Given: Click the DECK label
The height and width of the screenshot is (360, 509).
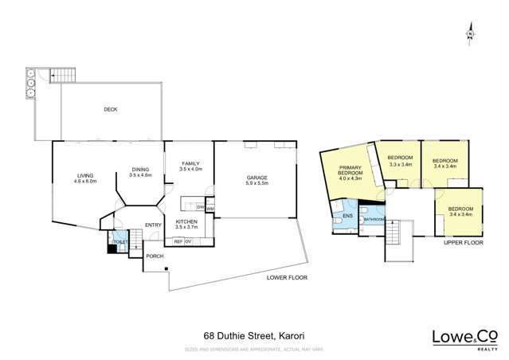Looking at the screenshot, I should [110, 109].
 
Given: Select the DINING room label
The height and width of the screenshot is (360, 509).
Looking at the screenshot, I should [141, 170].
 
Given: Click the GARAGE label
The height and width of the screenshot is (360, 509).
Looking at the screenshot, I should [256, 178].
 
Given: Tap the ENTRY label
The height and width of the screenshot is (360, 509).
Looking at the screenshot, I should [153, 225].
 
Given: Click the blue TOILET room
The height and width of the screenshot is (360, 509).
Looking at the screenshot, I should [120, 243].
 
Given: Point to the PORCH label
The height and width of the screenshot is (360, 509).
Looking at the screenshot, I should [154, 256].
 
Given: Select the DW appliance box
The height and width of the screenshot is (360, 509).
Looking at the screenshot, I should [201, 208].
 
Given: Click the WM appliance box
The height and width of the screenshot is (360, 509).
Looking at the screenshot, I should [209, 208].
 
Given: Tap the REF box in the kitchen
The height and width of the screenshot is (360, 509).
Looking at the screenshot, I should [178, 241].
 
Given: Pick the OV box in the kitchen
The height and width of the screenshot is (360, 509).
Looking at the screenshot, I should [189, 241].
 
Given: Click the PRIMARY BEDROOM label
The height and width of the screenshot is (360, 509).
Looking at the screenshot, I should [350, 173].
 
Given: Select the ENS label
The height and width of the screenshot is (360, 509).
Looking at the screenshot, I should [347, 216].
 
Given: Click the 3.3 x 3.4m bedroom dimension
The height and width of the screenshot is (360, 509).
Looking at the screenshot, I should [399, 162].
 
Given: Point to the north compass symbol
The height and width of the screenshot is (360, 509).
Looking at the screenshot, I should [471, 33].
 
